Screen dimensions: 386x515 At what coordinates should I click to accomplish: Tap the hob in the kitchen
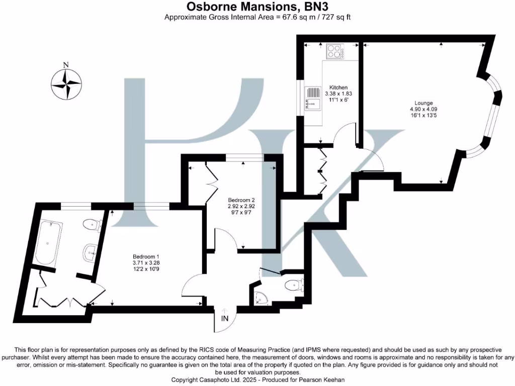click(x=334, y=51)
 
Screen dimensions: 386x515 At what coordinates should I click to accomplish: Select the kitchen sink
click(x=313, y=98)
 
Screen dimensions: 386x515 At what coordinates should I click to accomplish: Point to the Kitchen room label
click(x=338, y=87)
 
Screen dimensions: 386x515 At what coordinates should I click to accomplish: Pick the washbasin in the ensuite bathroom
click(x=91, y=251)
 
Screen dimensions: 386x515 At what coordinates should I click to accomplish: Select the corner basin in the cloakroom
click(x=260, y=298)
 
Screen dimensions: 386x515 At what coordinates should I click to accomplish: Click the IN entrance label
click(x=224, y=318)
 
